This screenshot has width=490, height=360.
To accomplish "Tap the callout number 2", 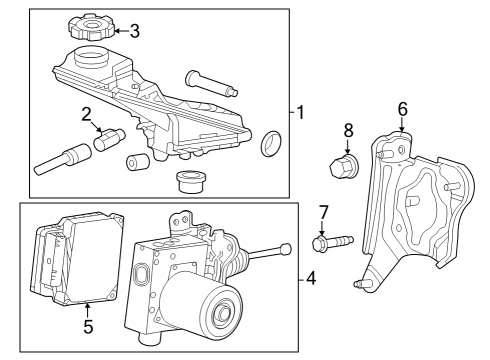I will click(x=87, y=113).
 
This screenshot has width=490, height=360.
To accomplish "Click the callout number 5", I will click(x=87, y=326).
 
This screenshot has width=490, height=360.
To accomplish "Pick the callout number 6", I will click(x=403, y=109).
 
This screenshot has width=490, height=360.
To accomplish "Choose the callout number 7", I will click(x=322, y=212).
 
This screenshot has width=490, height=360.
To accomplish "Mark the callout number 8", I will click(x=348, y=129).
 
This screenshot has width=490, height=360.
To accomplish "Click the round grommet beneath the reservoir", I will click(x=189, y=183).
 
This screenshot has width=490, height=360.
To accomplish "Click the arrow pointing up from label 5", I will click(x=87, y=309).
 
